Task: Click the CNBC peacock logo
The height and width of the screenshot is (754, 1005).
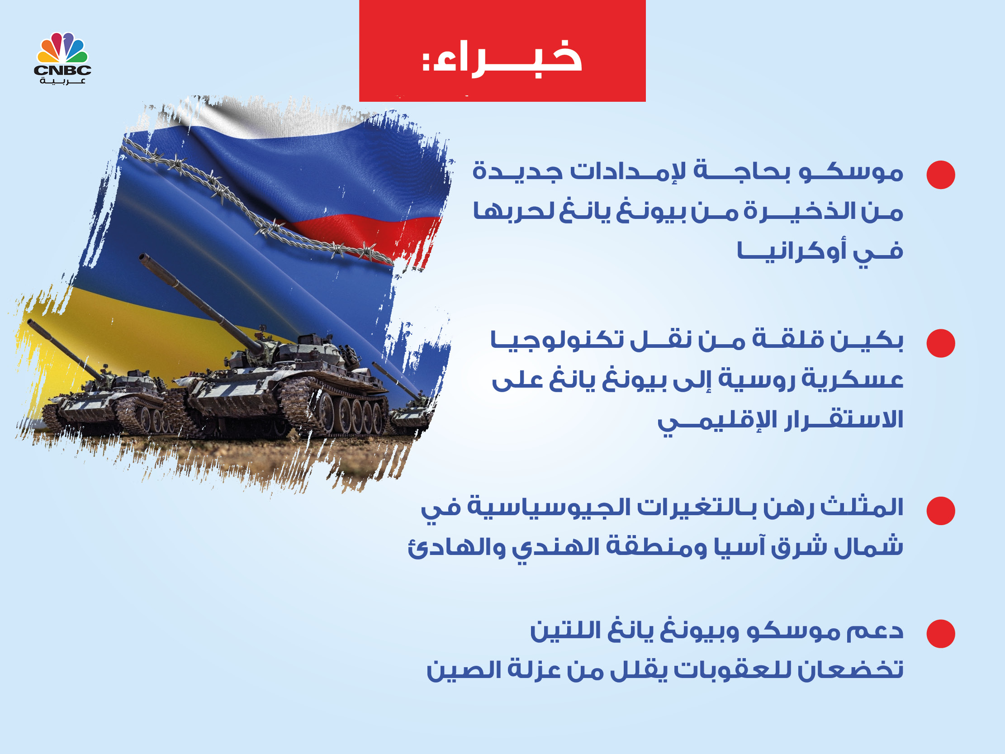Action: pyautogui.click(x=62, y=48)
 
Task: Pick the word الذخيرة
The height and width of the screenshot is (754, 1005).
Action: pyautogui.click(x=787, y=211)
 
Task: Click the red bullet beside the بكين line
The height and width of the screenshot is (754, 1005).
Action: pyautogui.click(x=940, y=343)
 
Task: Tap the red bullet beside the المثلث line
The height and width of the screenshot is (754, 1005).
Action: pyautogui.click(x=940, y=511)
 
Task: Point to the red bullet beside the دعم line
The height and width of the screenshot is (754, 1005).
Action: pyautogui.click(x=940, y=634)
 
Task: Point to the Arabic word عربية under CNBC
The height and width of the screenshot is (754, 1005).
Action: pyautogui.click(x=62, y=81)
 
